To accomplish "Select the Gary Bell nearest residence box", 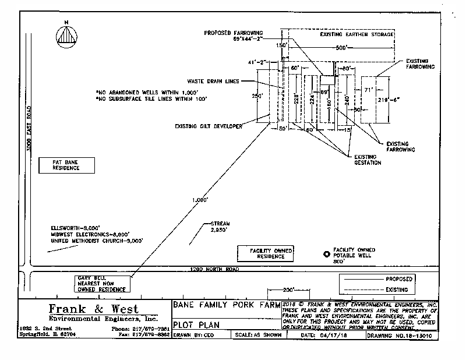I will (103, 283).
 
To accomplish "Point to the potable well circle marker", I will (327, 253).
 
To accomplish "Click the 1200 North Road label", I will (216, 269).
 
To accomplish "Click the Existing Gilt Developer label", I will (208, 126).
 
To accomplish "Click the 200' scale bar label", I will (287, 290).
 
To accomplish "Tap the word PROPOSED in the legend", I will (399, 279).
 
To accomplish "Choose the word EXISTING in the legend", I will (399, 289).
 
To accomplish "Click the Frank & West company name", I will (94, 308).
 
